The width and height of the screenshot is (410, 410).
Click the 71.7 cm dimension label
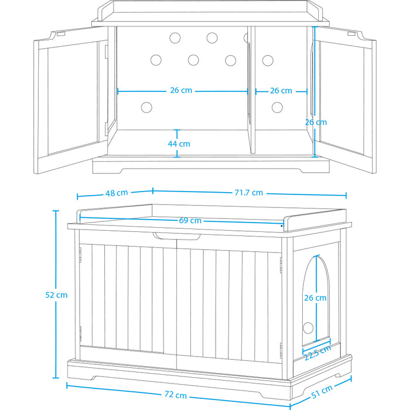[x=249, y=193]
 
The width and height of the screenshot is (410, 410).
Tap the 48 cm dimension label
[x=117, y=193]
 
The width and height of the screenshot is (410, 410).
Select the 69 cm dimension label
[x=190, y=220]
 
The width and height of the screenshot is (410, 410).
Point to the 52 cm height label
[x=56, y=295]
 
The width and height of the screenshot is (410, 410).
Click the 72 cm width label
[x=176, y=394]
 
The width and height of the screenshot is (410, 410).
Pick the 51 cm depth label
[x=322, y=391]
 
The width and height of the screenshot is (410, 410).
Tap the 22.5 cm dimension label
[x=317, y=353]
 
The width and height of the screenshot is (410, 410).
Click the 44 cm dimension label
[x=179, y=144]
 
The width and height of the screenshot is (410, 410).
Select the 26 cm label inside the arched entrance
[x=315, y=298]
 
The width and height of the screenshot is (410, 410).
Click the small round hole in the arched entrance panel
[x=308, y=328]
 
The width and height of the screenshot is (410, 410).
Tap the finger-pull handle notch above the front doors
[x=177, y=236]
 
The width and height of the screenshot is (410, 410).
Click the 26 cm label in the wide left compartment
[x=181, y=90]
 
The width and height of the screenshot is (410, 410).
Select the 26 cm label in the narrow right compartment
[x=281, y=91]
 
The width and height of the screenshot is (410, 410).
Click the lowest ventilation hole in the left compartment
[x=146, y=107]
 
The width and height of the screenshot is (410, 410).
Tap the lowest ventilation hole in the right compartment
[x=277, y=107]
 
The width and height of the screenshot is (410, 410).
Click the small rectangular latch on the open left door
[x=61, y=34]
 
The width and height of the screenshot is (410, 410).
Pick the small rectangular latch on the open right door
[x=351, y=34]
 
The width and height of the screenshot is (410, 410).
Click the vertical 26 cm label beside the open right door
[x=316, y=122]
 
